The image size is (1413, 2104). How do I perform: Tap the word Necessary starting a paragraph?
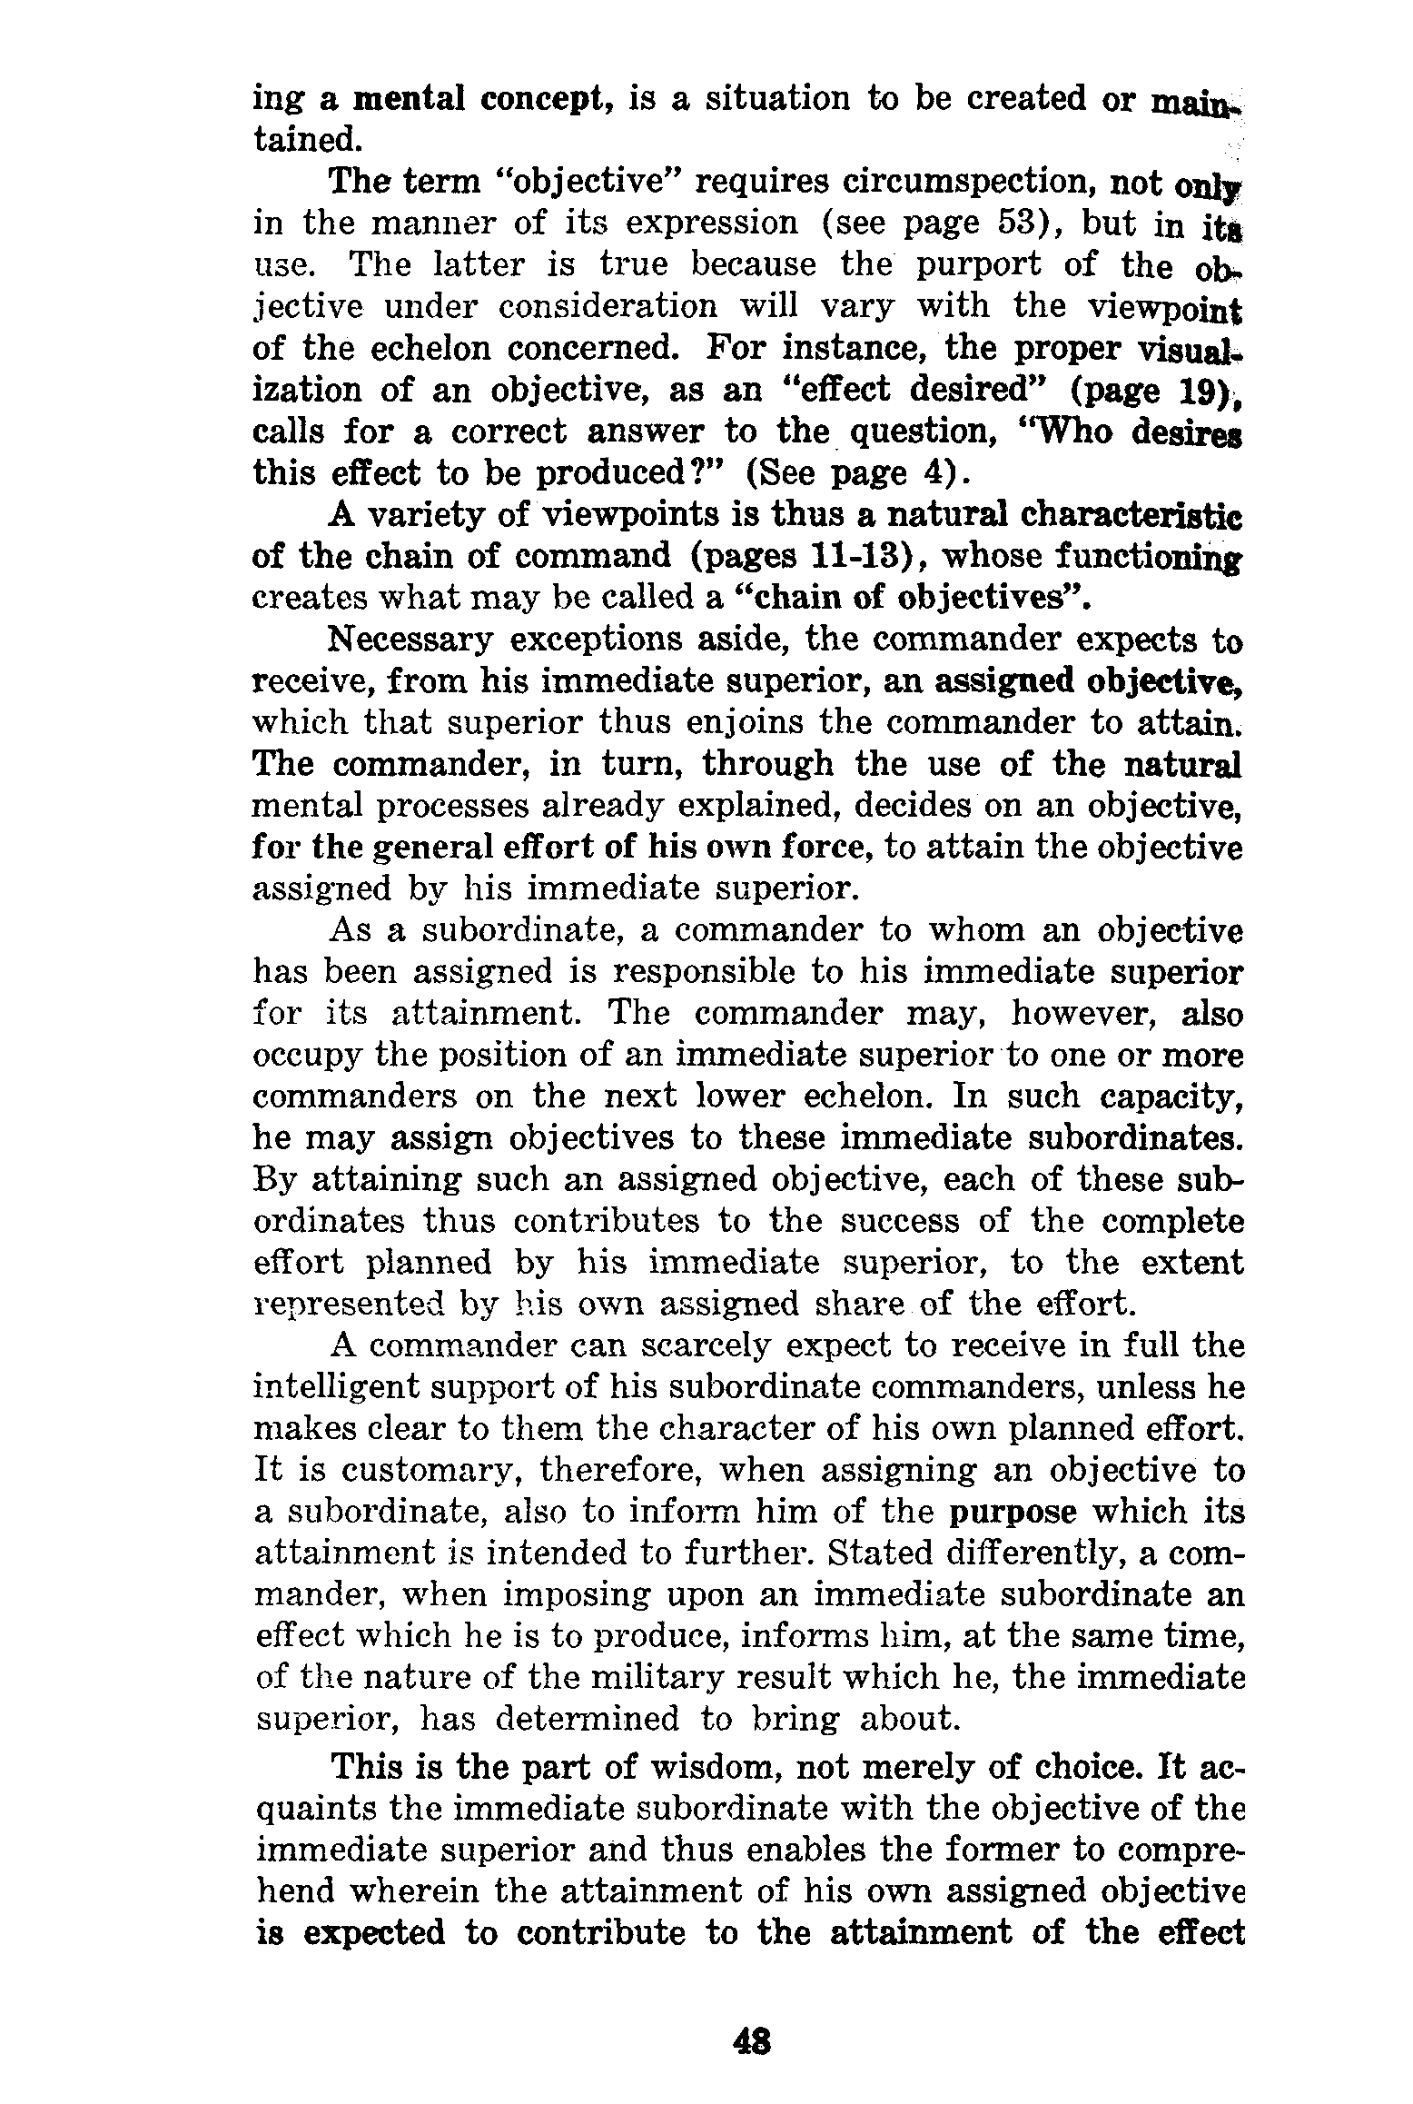coord(408,640)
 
